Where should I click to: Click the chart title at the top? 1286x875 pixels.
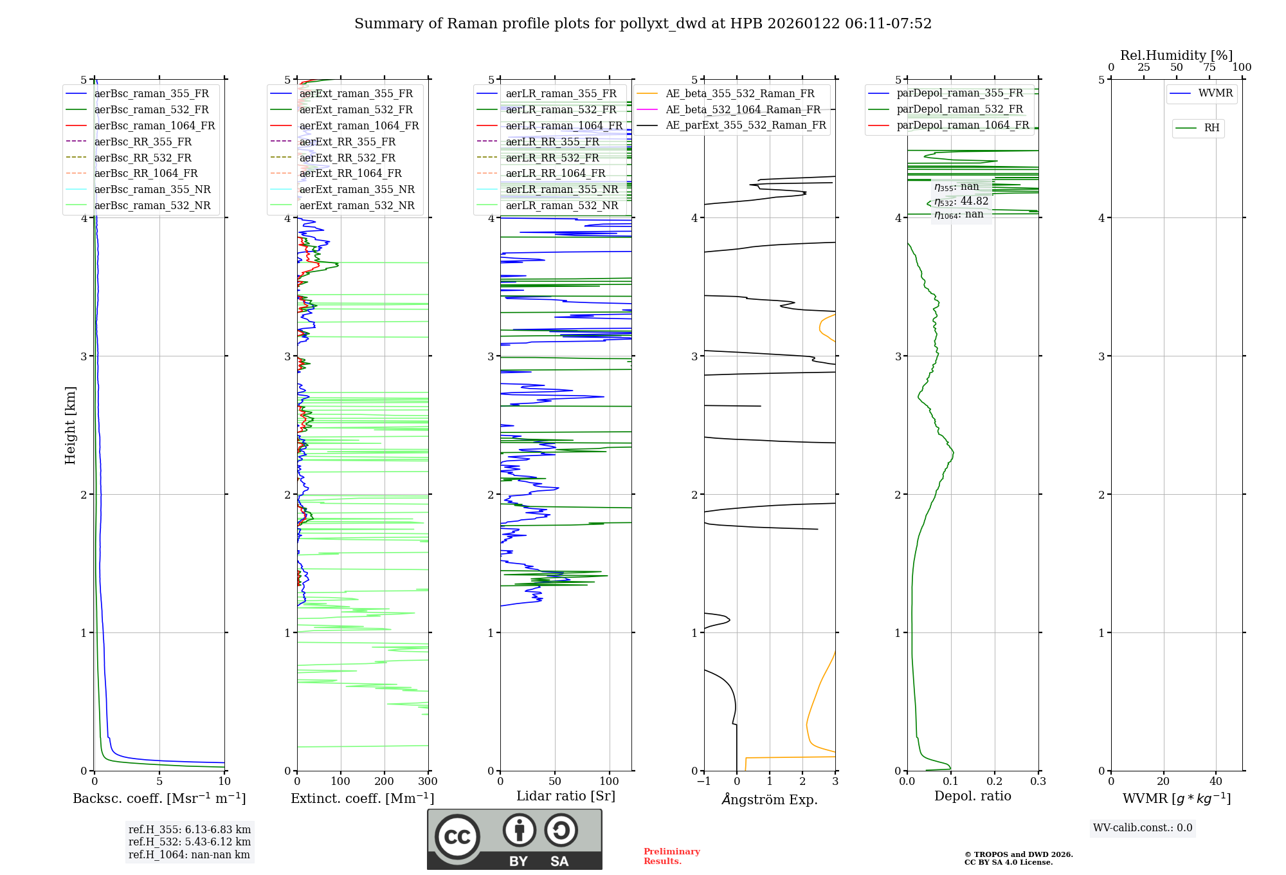point(643,24)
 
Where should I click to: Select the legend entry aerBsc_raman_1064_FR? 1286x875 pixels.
point(154,125)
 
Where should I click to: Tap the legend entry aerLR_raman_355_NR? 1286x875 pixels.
point(561,189)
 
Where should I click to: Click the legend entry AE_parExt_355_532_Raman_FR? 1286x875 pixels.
point(746,125)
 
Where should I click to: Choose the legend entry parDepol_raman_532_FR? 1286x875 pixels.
point(959,109)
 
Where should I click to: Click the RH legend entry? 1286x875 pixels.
point(1211,128)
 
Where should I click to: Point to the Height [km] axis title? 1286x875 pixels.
point(70,425)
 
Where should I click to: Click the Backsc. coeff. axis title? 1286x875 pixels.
point(159,798)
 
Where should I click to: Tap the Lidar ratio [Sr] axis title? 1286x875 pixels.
point(566,796)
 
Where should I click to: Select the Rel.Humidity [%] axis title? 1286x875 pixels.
point(1176,55)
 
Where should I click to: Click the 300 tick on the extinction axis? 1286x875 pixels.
point(428,782)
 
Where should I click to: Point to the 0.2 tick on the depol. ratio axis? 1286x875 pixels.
point(995,782)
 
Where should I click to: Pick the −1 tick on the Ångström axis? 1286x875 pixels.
point(704,782)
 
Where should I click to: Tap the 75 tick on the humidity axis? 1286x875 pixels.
point(1209,68)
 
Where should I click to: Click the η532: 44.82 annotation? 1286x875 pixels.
point(961,201)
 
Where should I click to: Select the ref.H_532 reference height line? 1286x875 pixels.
point(190,842)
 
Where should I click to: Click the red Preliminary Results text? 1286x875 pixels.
point(671,856)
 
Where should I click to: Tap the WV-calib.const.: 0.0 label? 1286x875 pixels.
point(1143,828)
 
